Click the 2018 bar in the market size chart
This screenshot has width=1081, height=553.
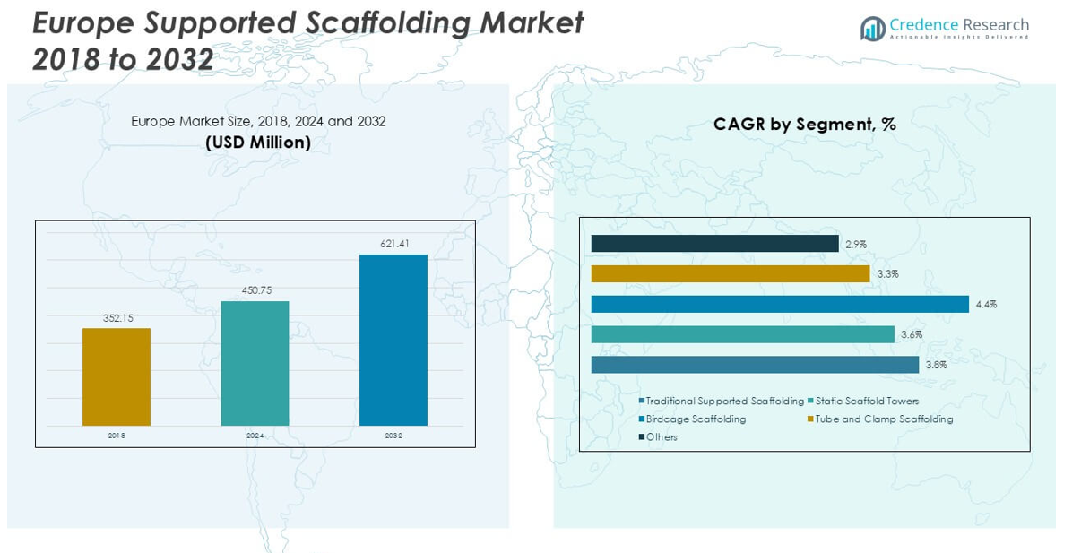tap(117, 376)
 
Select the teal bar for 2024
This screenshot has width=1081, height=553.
tap(255, 363)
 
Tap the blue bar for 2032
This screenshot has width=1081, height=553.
tap(393, 340)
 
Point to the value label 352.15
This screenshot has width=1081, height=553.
tap(117, 318)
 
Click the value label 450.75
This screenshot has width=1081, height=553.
tap(255, 290)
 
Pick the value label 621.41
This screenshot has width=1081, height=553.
tap(393, 244)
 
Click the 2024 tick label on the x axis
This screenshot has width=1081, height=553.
tap(255, 436)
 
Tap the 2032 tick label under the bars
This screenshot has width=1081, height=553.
tap(393, 436)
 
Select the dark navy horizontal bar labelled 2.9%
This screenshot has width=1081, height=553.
tap(714, 244)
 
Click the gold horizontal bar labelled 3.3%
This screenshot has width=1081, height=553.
tap(730, 273)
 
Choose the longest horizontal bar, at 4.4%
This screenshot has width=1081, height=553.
tap(780, 304)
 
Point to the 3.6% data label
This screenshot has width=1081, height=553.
tap(911, 334)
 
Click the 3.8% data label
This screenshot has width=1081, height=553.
tap(936, 365)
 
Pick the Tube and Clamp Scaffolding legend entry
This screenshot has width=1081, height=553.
tap(884, 419)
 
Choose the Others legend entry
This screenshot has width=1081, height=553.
tap(662, 437)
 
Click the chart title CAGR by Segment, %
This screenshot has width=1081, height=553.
tap(804, 125)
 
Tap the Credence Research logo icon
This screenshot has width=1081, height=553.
tap(872, 29)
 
